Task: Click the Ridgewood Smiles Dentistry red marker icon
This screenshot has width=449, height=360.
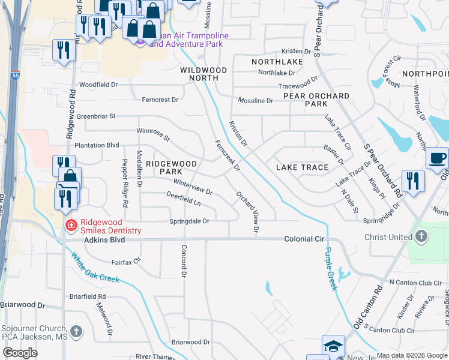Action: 71,225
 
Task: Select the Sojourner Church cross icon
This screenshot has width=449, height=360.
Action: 76,331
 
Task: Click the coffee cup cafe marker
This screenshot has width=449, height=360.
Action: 437,158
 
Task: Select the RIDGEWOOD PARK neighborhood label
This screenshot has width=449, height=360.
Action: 171,167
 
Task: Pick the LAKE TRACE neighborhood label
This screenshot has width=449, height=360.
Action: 302,167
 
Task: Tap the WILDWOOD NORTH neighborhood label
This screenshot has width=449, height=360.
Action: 203,74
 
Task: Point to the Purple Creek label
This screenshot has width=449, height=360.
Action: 330,268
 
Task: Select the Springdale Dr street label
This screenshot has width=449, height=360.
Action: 188,221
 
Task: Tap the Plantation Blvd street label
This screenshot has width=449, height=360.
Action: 97,145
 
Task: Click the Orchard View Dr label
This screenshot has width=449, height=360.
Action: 249,212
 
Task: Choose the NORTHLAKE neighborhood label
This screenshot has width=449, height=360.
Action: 277,62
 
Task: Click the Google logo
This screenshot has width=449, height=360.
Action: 20,353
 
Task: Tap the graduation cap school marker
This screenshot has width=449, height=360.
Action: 333,346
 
